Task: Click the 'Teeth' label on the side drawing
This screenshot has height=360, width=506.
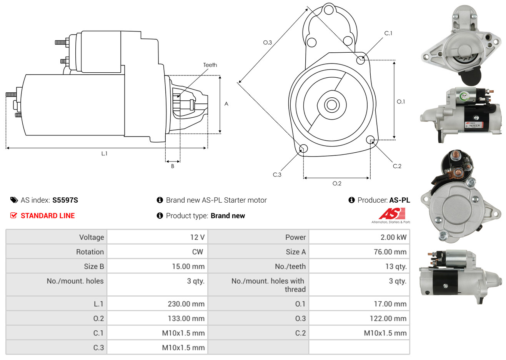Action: (x=210, y=65)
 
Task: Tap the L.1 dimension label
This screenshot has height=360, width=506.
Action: (x=104, y=153)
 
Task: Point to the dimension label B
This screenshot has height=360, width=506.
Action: (x=173, y=166)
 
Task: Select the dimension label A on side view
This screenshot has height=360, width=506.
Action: (x=226, y=104)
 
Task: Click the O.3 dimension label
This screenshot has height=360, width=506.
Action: (x=267, y=42)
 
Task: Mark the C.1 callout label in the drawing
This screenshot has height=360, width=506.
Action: (x=388, y=33)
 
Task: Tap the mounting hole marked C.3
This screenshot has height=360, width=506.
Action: (x=303, y=149)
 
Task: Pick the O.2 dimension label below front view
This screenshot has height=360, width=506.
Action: (x=337, y=183)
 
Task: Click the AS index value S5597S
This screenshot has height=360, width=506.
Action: (x=65, y=200)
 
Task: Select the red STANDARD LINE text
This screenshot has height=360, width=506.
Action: (x=48, y=216)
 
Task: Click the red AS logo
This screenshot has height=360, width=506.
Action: (x=392, y=214)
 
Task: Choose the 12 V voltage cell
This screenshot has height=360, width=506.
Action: (x=197, y=237)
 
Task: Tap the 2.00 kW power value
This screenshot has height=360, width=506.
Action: (x=393, y=237)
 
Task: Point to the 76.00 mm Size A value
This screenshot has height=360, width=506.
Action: (x=390, y=252)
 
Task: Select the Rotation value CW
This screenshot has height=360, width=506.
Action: (x=197, y=252)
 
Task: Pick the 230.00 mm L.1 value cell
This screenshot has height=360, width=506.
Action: (x=186, y=304)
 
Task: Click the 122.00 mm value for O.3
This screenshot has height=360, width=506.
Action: (x=388, y=318)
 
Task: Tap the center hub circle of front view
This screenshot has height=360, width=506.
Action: (x=331, y=105)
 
